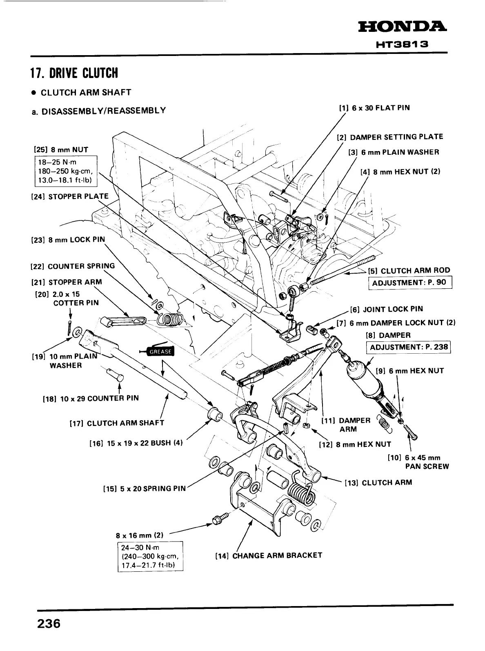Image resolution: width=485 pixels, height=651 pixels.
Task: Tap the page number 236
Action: (x=49, y=624)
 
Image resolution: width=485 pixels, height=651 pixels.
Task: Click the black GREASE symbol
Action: (x=160, y=351)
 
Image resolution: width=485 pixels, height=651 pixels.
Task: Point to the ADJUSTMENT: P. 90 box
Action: (x=410, y=283)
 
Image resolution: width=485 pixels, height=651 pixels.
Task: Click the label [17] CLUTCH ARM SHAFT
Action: (x=117, y=423)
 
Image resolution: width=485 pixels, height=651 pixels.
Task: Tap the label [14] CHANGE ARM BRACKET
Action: (x=269, y=555)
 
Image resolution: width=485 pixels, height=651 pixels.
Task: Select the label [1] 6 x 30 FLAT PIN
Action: (x=374, y=108)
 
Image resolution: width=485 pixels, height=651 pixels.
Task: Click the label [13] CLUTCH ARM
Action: (x=378, y=482)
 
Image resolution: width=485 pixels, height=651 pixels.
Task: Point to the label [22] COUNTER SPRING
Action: (x=73, y=266)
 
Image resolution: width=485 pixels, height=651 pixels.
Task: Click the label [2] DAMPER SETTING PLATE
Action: (x=389, y=137)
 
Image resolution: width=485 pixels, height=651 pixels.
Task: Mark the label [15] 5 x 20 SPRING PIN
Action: (x=145, y=488)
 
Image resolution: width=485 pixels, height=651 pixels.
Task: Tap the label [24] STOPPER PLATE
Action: (x=70, y=196)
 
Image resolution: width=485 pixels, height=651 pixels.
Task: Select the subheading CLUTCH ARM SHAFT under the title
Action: (x=86, y=92)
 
